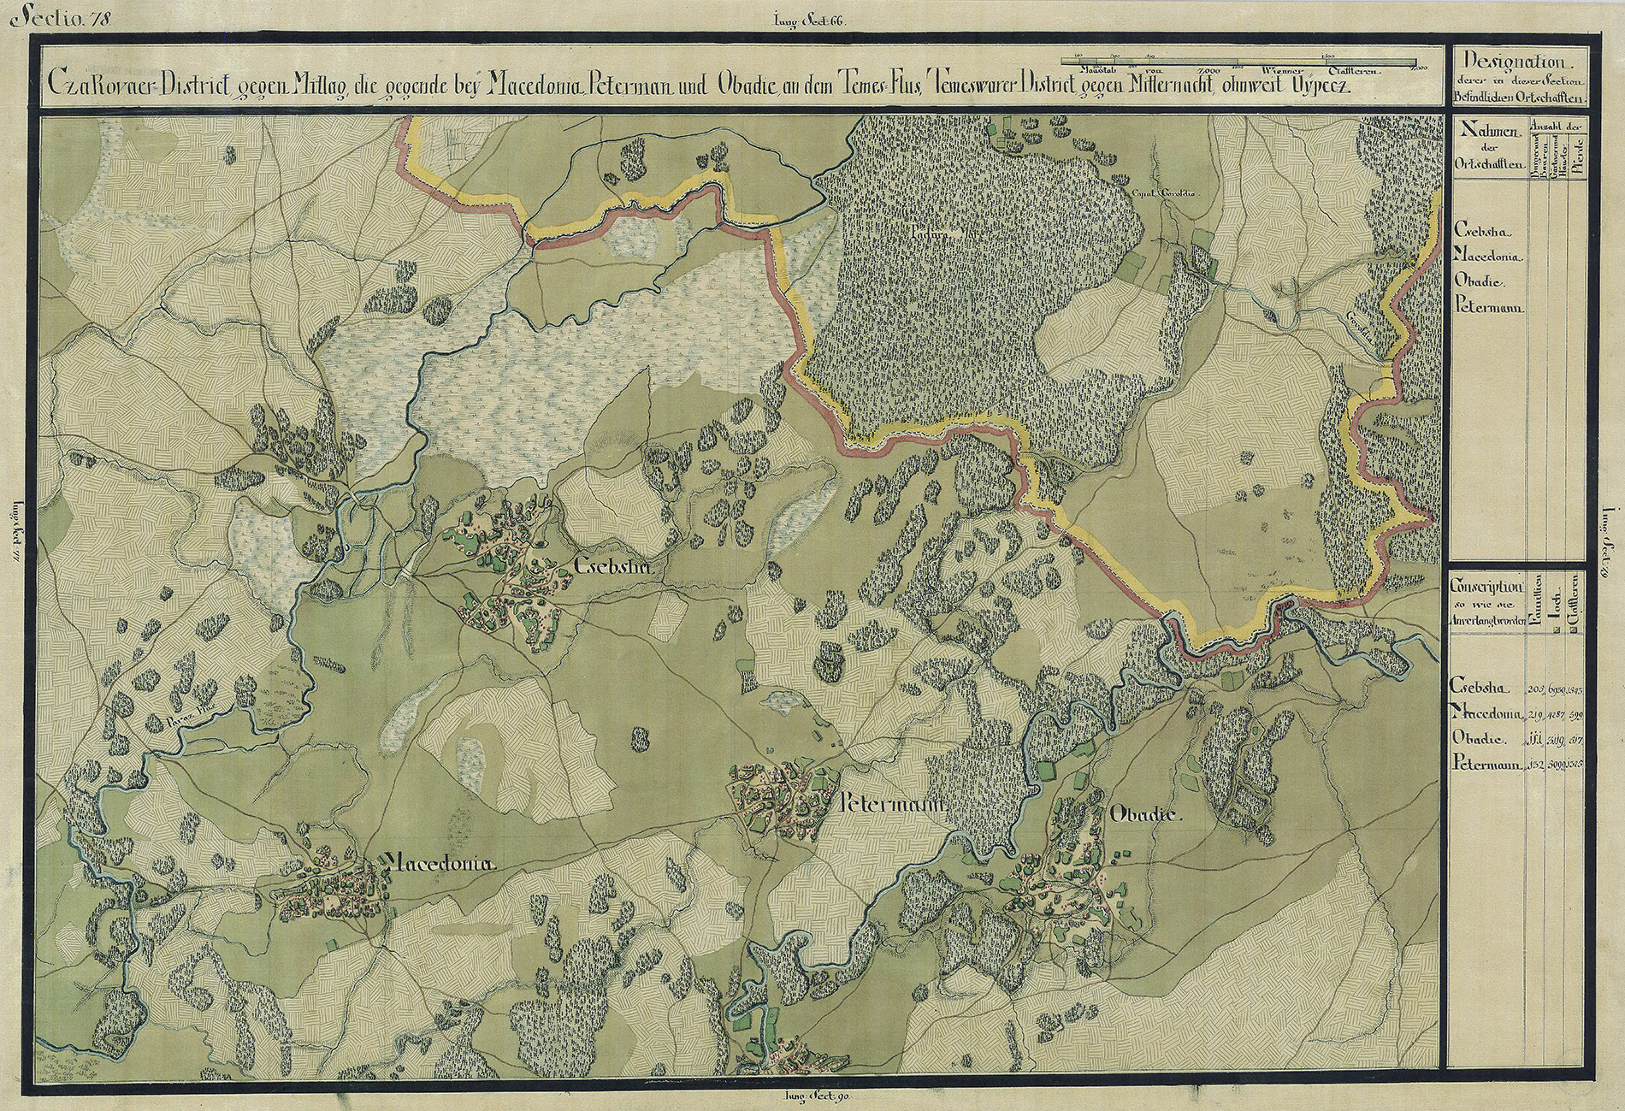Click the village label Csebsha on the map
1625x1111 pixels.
(x=613, y=567)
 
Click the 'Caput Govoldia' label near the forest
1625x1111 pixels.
(x=1164, y=193)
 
